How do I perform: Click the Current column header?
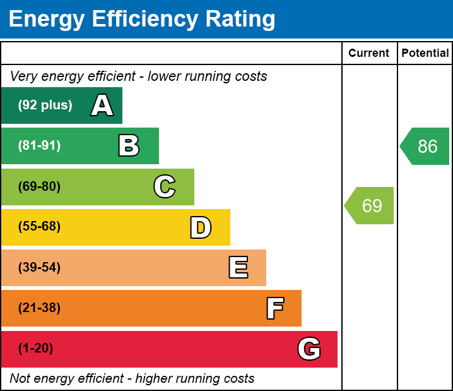pos(369,53)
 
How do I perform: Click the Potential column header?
pos(425,53)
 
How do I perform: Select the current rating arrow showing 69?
pos(370,205)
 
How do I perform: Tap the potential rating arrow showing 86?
pos(426,147)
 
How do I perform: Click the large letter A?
pos(102,105)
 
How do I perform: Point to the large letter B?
pos(129,146)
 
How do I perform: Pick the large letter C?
pos(165,186)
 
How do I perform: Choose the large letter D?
pos(201,227)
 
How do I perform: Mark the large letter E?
pos(238,268)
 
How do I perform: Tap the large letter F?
pos(274,308)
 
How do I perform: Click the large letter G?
pos(309,349)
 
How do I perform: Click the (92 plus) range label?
pos(45,105)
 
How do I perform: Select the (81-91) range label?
pos(39,146)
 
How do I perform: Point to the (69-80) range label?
pos(39,186)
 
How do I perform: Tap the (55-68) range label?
pos(39,227)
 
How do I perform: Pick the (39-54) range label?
pos(39,267)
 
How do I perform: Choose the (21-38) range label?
pos(39,308)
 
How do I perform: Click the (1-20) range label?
pos(35,348)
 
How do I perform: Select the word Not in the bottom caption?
pos(20,378)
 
